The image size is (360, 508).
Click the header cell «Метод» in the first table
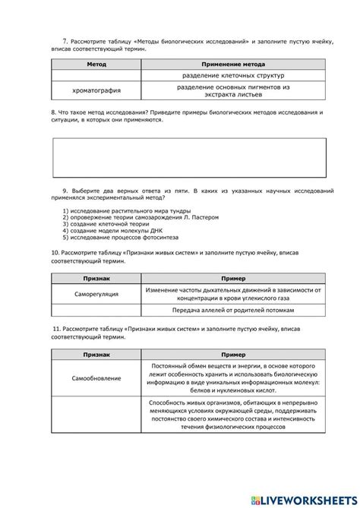96,65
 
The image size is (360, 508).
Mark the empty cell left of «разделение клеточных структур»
96,77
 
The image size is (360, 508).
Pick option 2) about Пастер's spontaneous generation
141,218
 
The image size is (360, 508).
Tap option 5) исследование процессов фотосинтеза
125,238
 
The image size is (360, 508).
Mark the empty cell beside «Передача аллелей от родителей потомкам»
96,311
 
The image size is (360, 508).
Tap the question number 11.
56,330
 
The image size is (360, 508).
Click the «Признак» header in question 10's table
96,278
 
